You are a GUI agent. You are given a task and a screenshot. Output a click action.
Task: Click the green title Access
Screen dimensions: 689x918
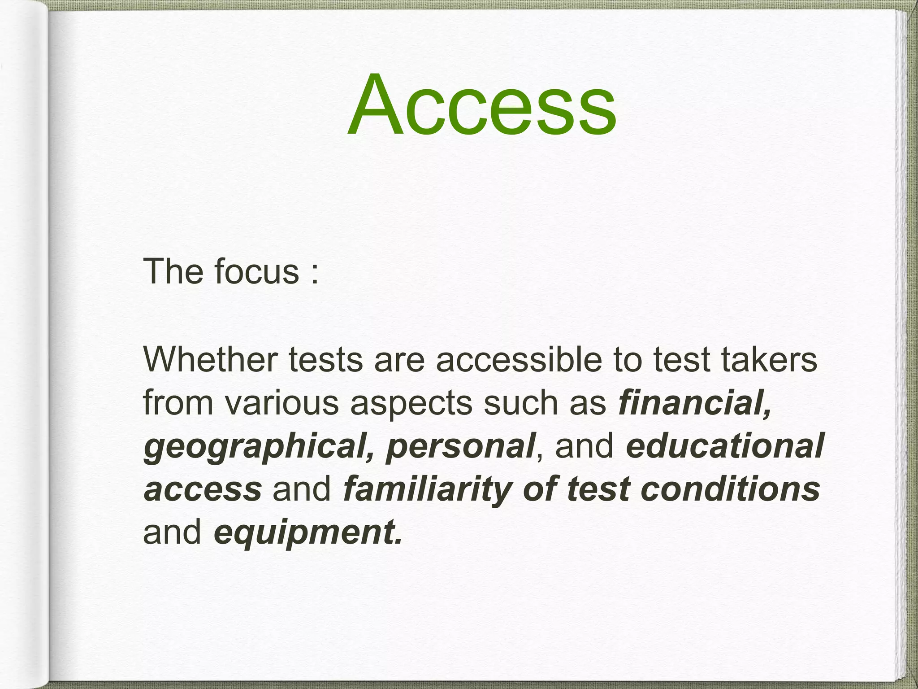[x=481, y=105]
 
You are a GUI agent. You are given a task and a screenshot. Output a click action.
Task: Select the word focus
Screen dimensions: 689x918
[x=256, y=272]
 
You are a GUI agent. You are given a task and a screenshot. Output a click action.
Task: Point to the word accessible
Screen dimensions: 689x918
[x=519, y=360]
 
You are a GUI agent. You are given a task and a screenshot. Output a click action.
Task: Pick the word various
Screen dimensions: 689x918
[x=281, y=403]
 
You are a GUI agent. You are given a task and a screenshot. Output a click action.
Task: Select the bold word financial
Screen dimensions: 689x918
[x=694, y=403]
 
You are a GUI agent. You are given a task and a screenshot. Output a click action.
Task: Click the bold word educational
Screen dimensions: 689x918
[x=725, y=446]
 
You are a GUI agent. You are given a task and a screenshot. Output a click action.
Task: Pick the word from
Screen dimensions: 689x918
[x=178, y=403]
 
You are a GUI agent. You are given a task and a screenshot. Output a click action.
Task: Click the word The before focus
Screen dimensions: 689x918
[x=173, y=272]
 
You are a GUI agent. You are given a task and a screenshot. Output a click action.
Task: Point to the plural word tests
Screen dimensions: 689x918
[x=325, y=361]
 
